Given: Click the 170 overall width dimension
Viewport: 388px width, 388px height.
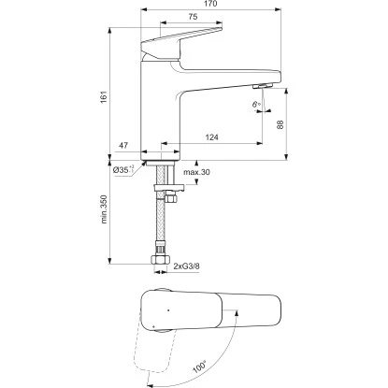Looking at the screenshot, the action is pos(210,4).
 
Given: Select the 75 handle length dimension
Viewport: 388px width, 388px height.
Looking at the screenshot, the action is pos(193,17).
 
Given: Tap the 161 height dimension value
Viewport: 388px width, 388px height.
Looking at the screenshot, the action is pos(104,97).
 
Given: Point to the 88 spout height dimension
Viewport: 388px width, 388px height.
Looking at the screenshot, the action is pos(280,124).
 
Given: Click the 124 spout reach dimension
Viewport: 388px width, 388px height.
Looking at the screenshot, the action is pos(212,137).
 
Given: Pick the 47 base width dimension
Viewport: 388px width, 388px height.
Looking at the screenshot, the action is pos(123,145).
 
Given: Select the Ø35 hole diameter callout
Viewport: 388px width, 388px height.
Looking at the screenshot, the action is pos(123,170).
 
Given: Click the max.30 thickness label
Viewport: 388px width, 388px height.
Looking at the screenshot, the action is pos(196,172).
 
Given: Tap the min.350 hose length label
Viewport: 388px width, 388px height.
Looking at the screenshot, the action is pos(104,209).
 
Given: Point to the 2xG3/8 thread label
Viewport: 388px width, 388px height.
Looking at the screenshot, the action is pos(187,266).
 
